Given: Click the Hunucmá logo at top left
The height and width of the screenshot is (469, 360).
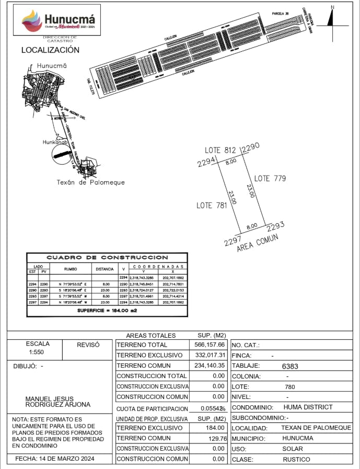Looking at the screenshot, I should [x=57, y=20].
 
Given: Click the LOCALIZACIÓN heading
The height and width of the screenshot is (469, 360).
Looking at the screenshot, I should [x=50, y=50].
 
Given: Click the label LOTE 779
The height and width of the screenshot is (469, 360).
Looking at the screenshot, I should [x=270, y=178].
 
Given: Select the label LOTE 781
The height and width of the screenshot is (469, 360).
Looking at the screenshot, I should [x=212, y=205].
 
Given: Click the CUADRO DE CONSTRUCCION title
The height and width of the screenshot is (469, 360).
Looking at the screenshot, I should [x=108, y=257].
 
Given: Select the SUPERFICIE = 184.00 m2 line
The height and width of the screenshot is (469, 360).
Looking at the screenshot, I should [x=108, y=310].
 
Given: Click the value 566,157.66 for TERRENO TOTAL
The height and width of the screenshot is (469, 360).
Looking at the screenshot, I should [x=208, y=345].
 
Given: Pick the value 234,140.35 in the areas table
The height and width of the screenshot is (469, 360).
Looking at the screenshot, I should [x=208, y=366].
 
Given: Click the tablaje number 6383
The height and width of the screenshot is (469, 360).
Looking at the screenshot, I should [x=290, y=367].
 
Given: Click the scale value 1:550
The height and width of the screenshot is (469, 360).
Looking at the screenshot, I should [x=38, y=353].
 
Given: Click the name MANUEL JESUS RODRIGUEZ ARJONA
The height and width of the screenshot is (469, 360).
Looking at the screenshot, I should [x=58, y=402].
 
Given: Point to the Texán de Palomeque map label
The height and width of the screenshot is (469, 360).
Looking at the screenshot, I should [x=90, y=182].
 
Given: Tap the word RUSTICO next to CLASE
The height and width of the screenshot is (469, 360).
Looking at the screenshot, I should [x=296, y=459].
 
